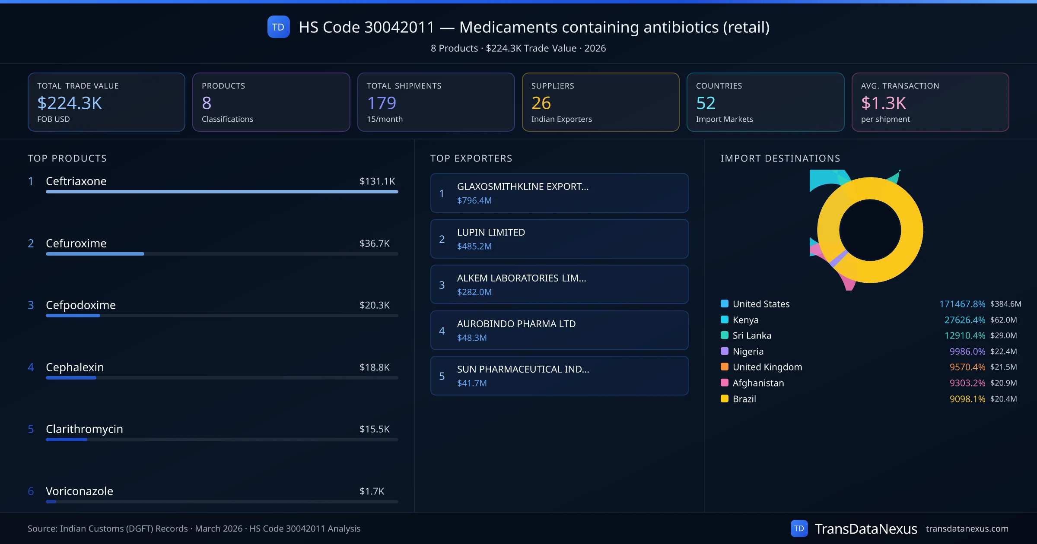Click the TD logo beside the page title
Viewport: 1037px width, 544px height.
pos(278,27)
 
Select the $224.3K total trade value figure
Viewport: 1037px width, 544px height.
pos(70,103)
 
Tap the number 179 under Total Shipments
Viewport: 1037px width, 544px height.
pos(382,103)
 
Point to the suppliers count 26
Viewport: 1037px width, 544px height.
pos(541,103)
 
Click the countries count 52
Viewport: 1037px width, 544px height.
pos(706,103)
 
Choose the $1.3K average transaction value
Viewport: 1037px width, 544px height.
pos(883,103)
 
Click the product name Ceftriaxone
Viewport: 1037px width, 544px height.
pos(76,181)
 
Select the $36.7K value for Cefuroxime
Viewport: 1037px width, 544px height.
pos(374,244)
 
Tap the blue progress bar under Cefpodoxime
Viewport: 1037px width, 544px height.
pos(73,316)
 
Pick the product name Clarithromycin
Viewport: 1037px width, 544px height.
pos(84,429)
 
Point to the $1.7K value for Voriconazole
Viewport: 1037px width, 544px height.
pos(372,491)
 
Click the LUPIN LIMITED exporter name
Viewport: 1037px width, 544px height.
pos(491,232)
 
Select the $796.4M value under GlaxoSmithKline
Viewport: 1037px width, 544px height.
pos(474,201)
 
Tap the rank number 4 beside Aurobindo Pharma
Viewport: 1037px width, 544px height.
pos(442,331)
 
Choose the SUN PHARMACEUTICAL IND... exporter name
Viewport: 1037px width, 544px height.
pos(523,369)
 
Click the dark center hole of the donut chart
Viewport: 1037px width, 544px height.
pos(870,230)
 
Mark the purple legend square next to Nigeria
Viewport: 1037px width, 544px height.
pos(725,351)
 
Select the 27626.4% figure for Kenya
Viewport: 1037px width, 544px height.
pos(964,320)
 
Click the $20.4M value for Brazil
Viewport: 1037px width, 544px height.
pos(1003,399)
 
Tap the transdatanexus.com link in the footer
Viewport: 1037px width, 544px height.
pos(967,529)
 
